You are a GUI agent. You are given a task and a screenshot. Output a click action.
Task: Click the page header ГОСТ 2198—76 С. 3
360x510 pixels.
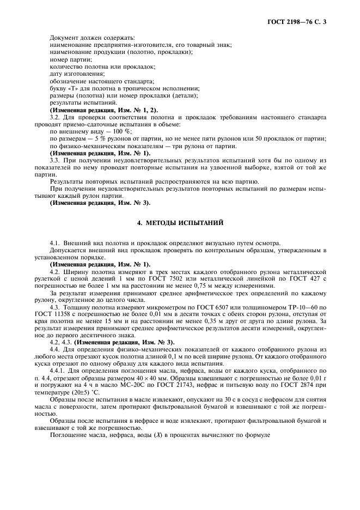300,22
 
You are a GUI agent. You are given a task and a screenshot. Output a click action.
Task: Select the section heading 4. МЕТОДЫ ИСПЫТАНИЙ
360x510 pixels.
180,223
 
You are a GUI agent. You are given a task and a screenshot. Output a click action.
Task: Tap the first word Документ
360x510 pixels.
64,38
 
